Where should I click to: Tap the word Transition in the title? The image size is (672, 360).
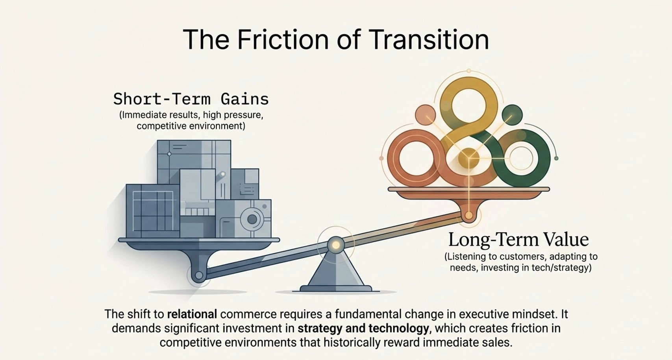click(x=429, y=39)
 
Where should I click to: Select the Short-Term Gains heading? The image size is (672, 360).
click(x=191, y=99)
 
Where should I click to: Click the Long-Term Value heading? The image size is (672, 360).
click(x=518, y=239)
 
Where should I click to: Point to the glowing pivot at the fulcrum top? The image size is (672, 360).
click(x=336, y=245)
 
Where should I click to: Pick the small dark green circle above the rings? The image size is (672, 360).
click(x=512, y=115)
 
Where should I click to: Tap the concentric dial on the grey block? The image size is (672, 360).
click(x=252, y=219)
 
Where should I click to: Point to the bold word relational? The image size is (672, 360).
click(x=192, y=314)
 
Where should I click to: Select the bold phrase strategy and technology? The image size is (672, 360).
click(x=363, y=329)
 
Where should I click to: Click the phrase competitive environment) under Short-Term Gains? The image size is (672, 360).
click(x=191, y=126)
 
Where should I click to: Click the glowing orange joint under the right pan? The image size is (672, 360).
click(x=468, y=215)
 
